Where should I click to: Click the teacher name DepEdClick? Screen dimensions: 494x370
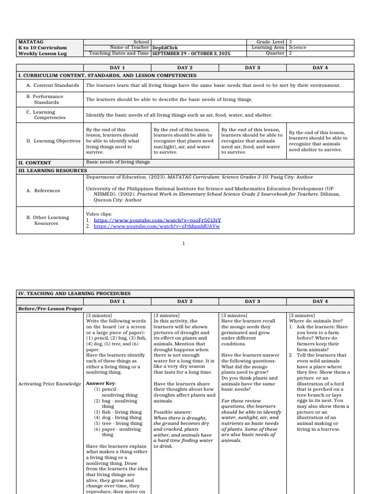pyautogui.click(x=164, y=48)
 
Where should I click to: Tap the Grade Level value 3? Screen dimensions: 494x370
pyautogui.click(x=290, y=42)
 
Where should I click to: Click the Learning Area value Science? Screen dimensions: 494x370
pyautogui.click(x=297, y=48)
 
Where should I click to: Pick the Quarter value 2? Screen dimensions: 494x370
pyautogui.click(x=290, y=54)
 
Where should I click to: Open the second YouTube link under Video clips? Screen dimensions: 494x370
pyautogui.click(x=157, y=226)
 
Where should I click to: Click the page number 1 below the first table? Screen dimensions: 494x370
pyautogui.click(x=184, y=244)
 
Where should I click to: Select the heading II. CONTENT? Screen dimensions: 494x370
pyautogui.click(x=35, y=163)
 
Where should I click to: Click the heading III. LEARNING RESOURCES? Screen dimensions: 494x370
pyautogui.click(x=53, y=170)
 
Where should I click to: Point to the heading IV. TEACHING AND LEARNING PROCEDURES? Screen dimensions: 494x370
pyautogui.click(x=74, y=293)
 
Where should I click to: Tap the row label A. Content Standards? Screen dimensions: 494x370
pyautogui.click(x=53, y=85)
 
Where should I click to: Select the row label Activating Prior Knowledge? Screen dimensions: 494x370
pyautogui.click(x=50, y=384)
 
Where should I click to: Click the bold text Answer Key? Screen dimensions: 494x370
pyautogui.click(x=101, y=384)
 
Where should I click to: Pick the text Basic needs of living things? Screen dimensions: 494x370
pyautogui.click(x=118, y=163)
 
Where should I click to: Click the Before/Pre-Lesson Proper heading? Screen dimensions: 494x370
pyautogui.click(x=51, y=308)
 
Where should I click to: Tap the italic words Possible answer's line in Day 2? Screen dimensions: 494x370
pyautogui.click(x=170, y=412)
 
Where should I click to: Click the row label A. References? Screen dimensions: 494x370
pyautogui.click(x=43, y=191)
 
